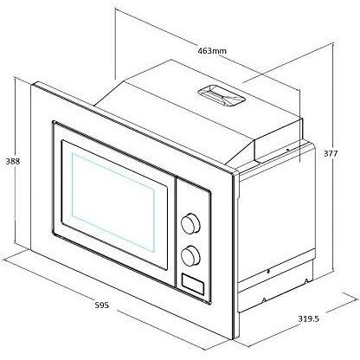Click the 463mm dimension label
pos(212,51)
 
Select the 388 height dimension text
pos(13,161)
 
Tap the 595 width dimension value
pos(102,305)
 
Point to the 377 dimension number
pos(330,153)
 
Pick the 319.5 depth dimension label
pos(308,318)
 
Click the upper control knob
pos(190,223)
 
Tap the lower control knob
pos(190,255)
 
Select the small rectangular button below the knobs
pos(193,284)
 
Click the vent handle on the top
pos(222,96)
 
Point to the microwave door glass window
pos(113,202)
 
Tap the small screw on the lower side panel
pos(268,271)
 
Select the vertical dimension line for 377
pos(333,157)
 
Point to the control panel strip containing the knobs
pos(193,241)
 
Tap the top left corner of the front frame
pos(31,85)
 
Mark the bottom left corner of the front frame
pos(30,250)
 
